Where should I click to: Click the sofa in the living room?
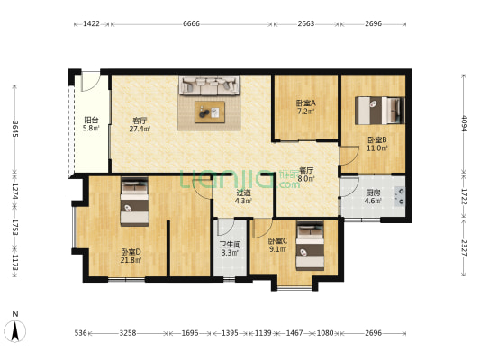pyautogui.click(x=210, y=86)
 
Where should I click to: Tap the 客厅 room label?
pyautogui.click(x=140, y=120)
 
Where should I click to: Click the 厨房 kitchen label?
pyautogui.click(x=373, y=192)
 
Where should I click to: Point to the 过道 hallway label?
pyautogui.click(x=243, y=192)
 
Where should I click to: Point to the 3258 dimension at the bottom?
pyautogui.click(x=128, y=333)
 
